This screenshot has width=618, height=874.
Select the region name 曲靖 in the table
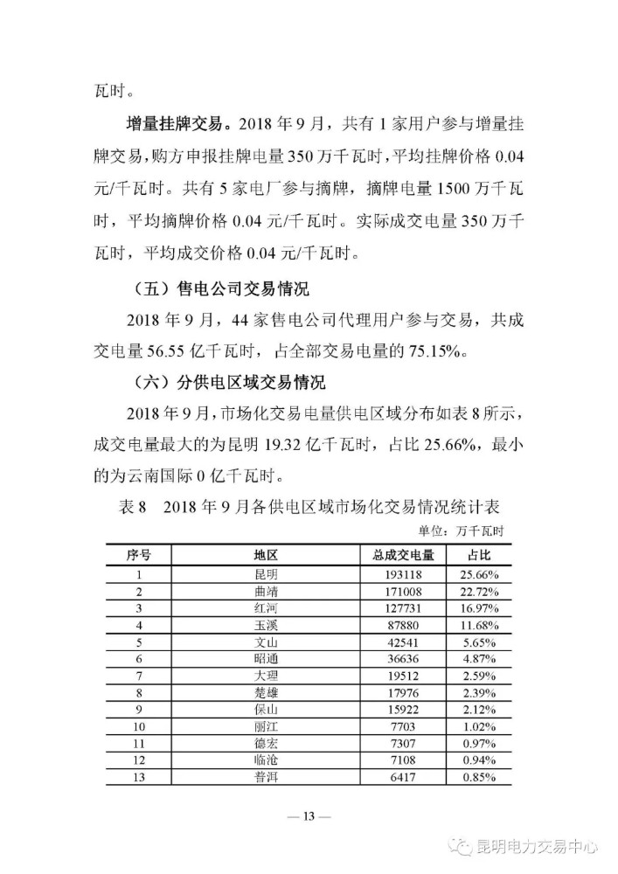[x=265, y=591]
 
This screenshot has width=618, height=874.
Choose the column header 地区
[x=265, y=556]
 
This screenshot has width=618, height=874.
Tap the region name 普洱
[x=265, y=777]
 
